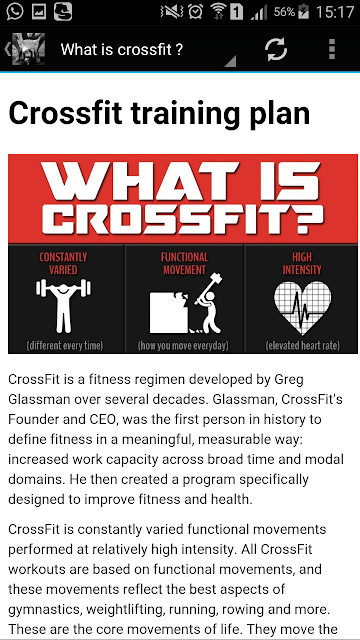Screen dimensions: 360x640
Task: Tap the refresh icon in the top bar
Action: tap(276, 49)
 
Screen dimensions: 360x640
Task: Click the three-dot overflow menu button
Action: tap(332, 49)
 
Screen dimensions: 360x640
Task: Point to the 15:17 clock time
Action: tap(335, 12)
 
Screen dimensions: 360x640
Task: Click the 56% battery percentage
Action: tap(284, 12)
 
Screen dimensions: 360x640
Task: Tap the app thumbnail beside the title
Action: tap(28, 49)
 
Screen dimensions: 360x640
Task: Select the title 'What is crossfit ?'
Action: tap(122, 50)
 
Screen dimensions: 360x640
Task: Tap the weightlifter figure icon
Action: tap(63, 305)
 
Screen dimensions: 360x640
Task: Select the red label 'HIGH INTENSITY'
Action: tap(302, 263)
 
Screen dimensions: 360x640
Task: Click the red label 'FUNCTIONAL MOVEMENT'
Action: tap(184, 263)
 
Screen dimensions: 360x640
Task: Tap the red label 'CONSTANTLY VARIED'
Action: tap(63, 263)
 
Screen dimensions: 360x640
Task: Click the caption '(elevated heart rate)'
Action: tap(302, 346)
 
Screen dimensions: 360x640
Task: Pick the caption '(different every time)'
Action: tap(64, 346)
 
